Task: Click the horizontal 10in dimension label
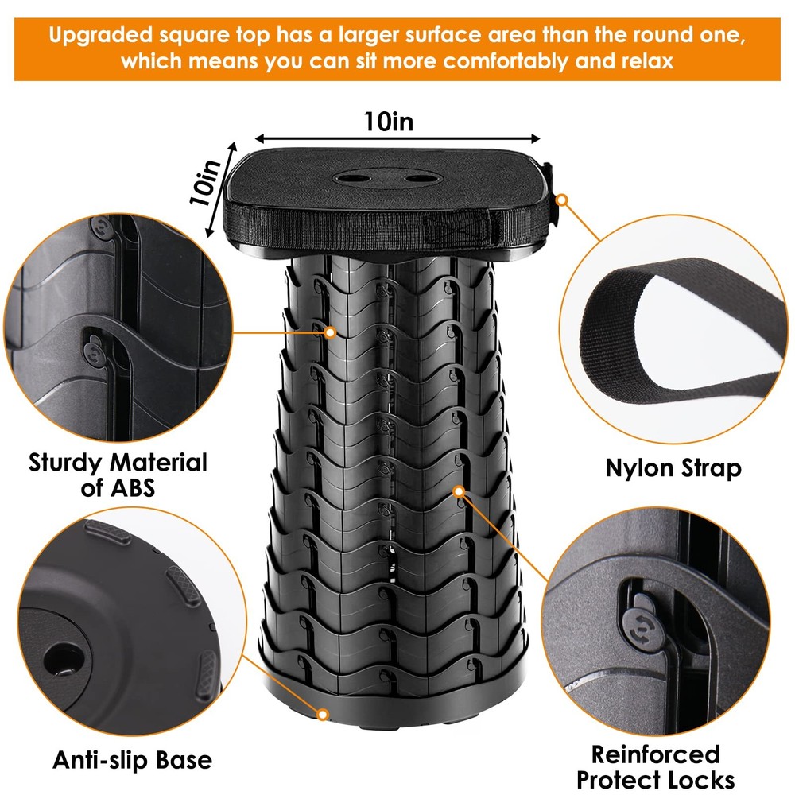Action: click(x=389, y=122)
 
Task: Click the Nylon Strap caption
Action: click(x=673, y=468)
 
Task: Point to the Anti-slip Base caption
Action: click(x=133, y=760)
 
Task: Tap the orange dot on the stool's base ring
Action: click(x=324, y=715)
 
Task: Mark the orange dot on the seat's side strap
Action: click(x=563, y=200)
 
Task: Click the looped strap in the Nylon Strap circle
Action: click(x=676, y=334)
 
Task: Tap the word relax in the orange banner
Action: click(x=644, y=60)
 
